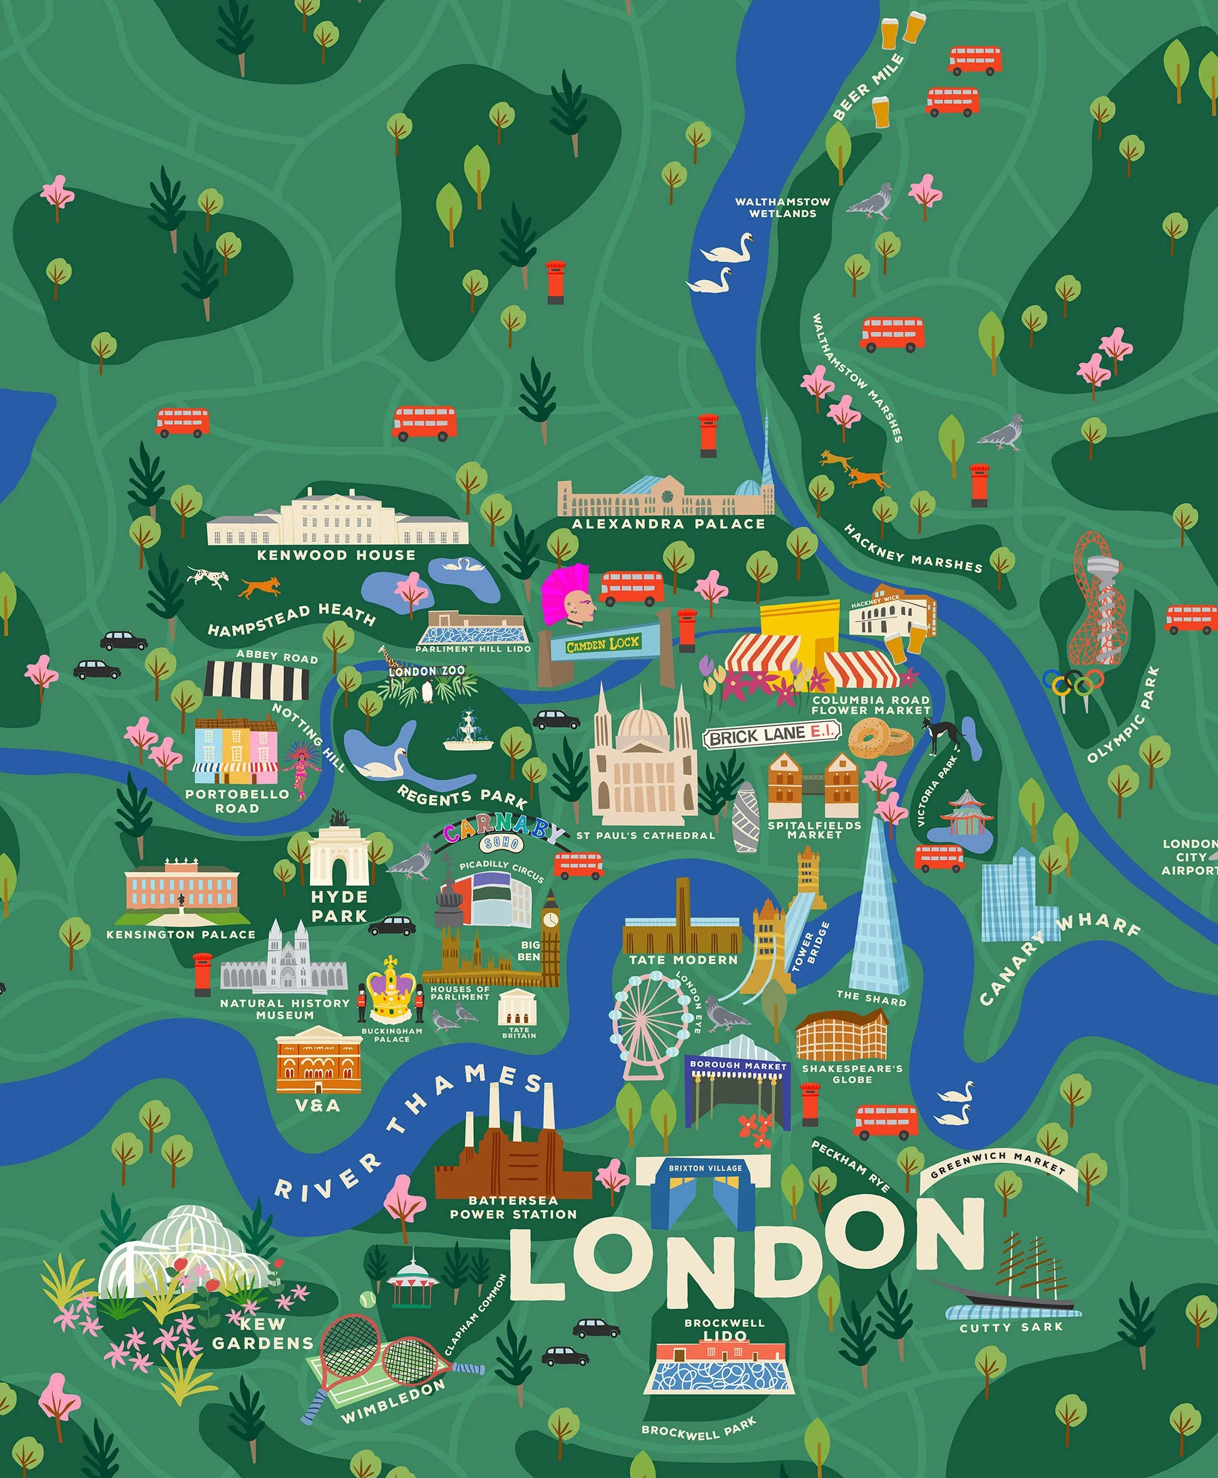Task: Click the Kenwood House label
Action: (336, 555)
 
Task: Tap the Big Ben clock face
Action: (551, 919)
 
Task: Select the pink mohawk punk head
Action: (566, 596)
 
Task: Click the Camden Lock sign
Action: (603, 643)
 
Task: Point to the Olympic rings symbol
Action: (1073, 681)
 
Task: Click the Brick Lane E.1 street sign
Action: (772, 735)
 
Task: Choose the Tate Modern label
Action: (683, 960)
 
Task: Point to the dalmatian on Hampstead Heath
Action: (208, 578)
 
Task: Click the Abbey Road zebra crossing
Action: (257, 680)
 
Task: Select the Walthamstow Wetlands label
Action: (782, 207)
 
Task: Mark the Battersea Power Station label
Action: (513, 1207)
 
